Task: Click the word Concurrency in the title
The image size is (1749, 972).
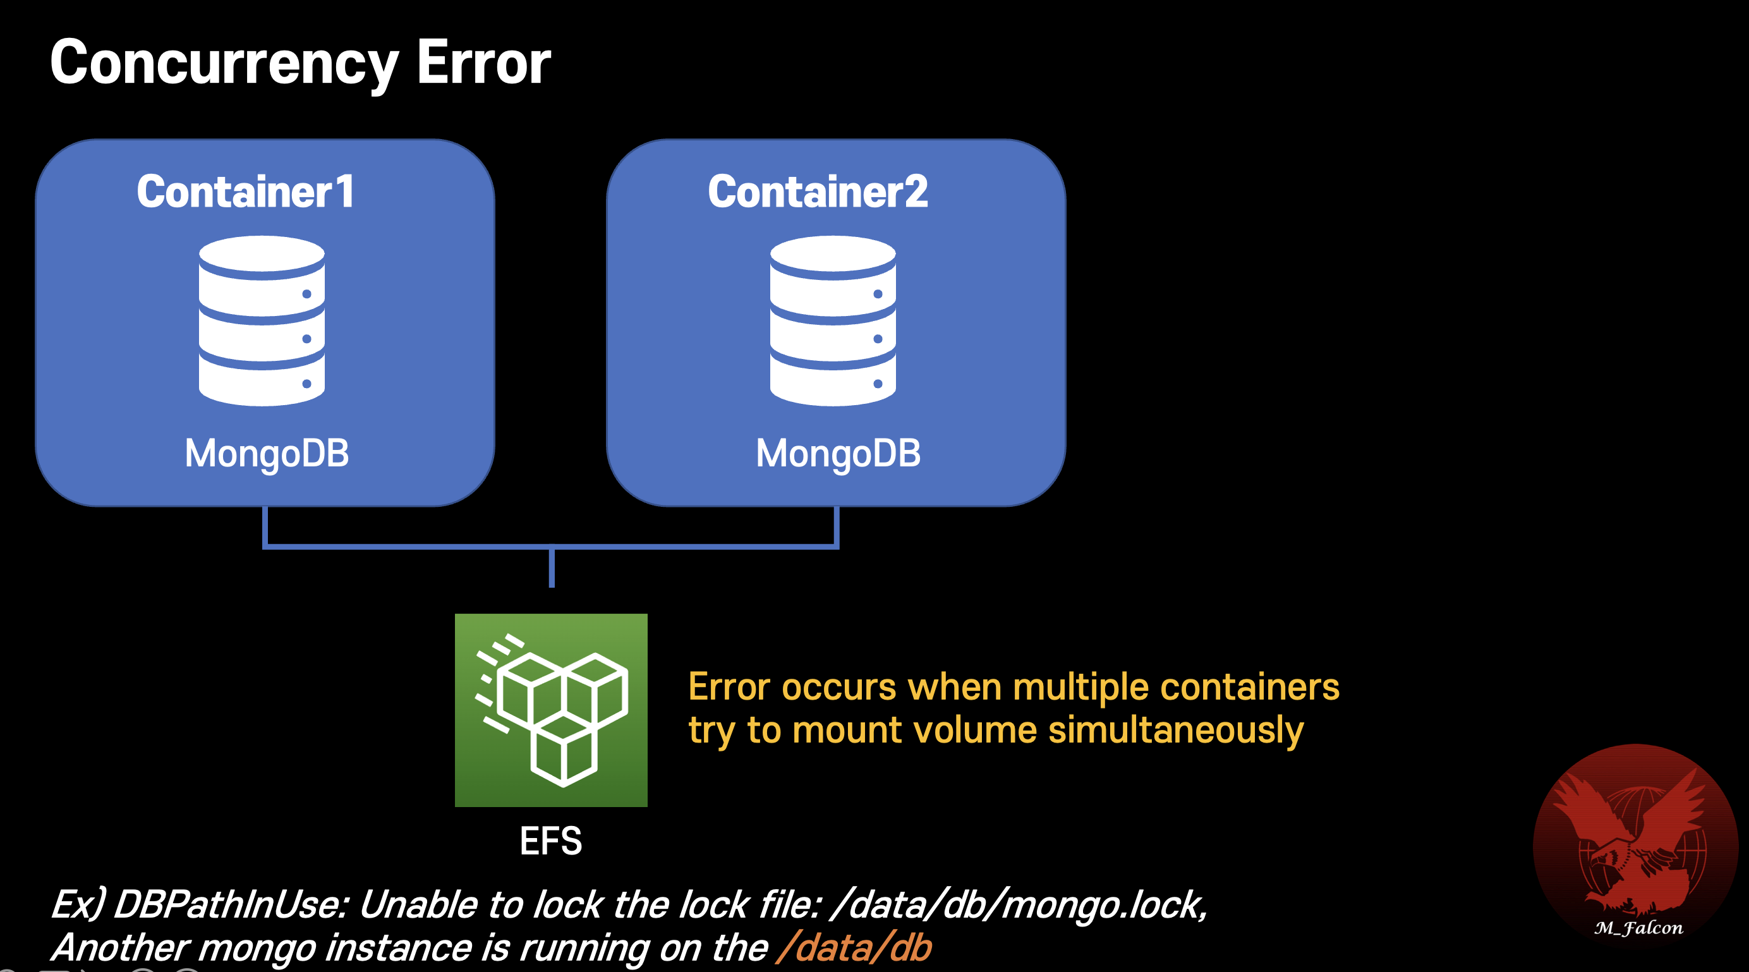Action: tap(224, 63)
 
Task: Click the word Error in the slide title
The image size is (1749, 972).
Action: tap(483, 63)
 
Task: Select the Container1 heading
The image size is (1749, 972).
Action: tap(246, 191)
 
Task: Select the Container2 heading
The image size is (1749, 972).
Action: tap(818, 191)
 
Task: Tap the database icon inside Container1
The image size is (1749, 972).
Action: tap(262, 320)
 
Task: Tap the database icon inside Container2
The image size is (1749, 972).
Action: tap(832, 320)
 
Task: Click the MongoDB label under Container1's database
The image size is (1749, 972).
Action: tap(267, 454)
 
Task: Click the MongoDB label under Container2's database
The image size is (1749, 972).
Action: tap(838, 454)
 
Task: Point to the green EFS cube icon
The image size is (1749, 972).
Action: tap(550, 710)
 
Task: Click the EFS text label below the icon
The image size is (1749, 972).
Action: tap(550, 841)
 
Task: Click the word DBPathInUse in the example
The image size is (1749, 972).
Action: tap(231, 905)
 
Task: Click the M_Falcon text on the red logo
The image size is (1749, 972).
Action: tap(1638, 928)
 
